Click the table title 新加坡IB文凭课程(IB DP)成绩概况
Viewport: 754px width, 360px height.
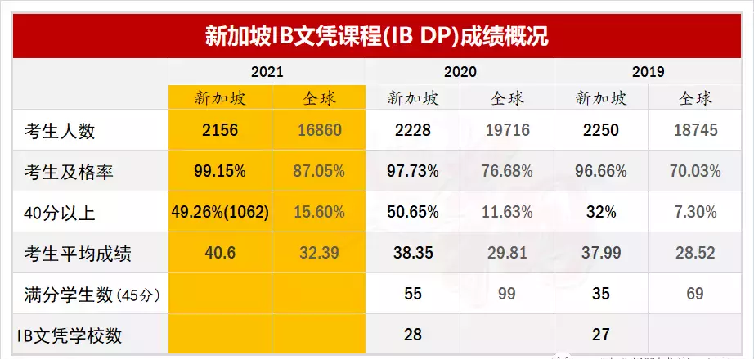[x=376, y=36]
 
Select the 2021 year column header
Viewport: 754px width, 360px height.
[x=267, y=72]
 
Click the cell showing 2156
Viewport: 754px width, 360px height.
[x=219, y=130]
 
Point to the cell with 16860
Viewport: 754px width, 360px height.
[x=318, y=130]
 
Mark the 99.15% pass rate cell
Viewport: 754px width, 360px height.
[x=219, y=171]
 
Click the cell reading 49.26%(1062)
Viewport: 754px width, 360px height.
[x=219, y=212]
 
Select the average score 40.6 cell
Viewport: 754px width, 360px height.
[x=219, y=253]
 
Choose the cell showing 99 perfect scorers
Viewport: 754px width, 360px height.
[x=506, y=293]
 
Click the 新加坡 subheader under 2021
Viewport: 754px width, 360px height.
[x=219, y=99]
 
